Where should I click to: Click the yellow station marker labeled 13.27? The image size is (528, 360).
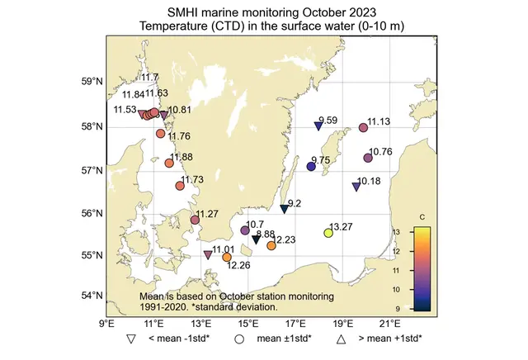pos(328,234)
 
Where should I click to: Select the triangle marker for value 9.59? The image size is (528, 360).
pos(318,126)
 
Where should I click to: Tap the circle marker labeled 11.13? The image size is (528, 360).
pos(364,128)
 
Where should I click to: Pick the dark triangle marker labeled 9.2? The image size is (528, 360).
pos(284,209)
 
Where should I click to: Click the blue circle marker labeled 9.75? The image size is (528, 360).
pos(311,167)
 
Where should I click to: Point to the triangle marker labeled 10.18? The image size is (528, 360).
pos(356,187)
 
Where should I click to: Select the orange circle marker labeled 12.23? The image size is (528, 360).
pos(271,245)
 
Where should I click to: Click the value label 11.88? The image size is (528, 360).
pos(181,157)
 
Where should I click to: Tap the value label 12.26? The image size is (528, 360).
pos(238,266)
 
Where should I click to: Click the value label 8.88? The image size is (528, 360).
pos(266,234)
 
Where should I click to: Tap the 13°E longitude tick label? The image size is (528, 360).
pos(201,324)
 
